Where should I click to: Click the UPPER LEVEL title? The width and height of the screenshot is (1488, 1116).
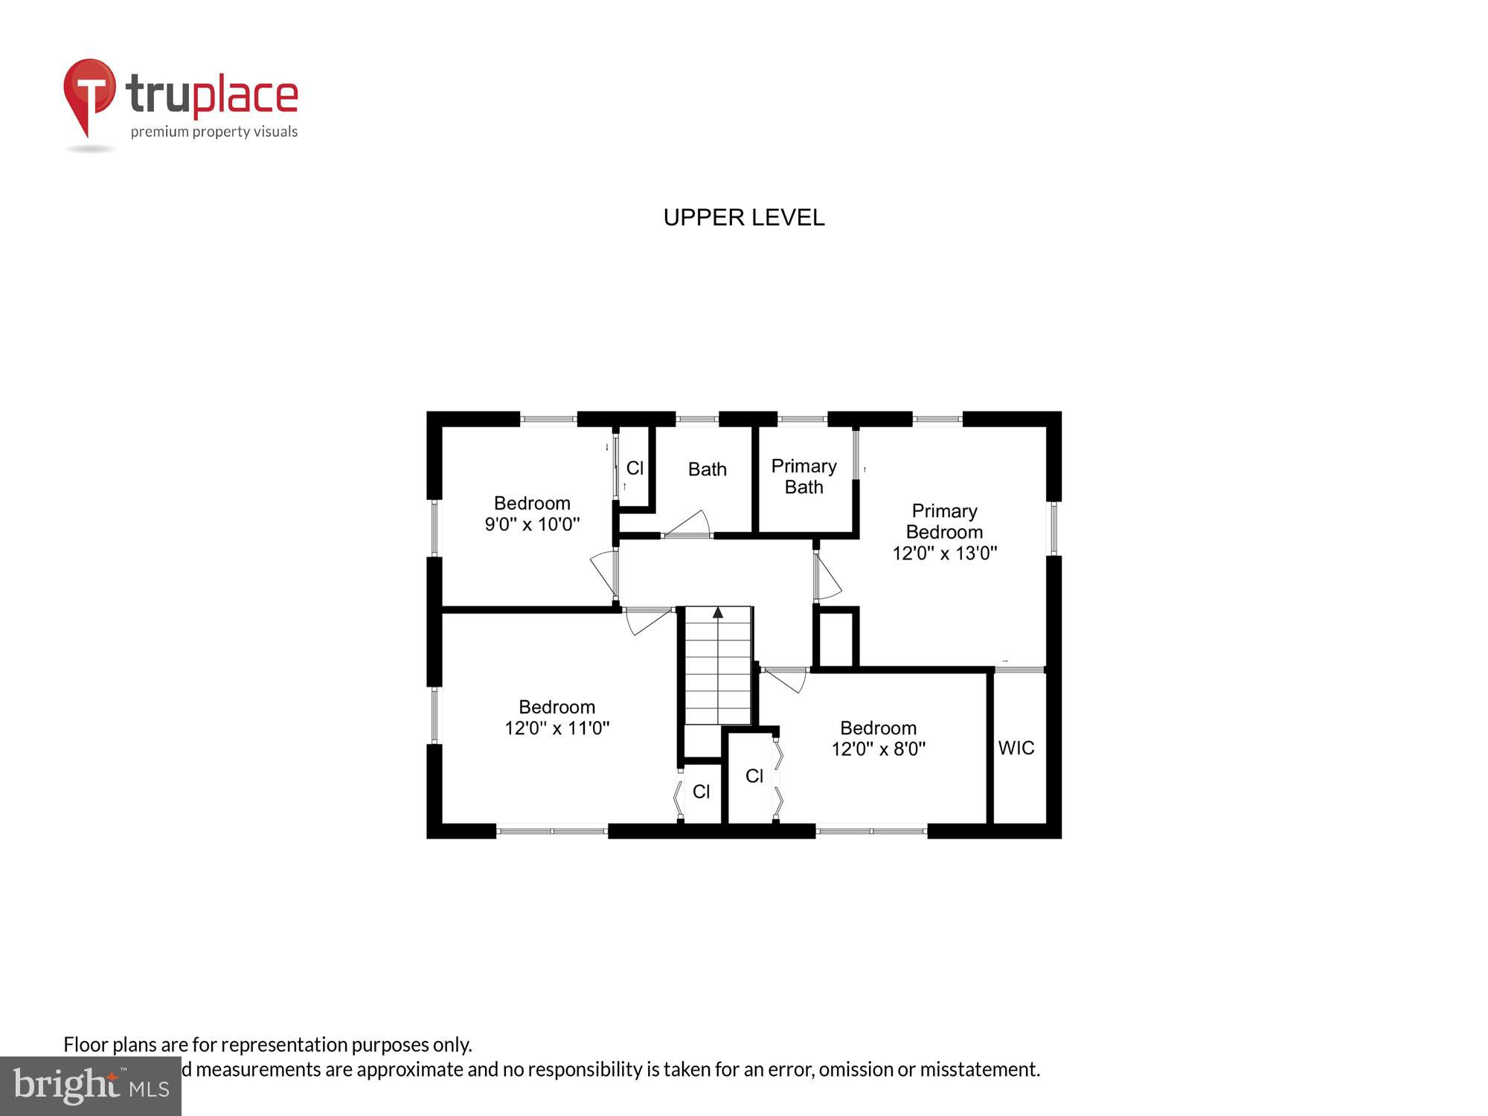pos(743,217)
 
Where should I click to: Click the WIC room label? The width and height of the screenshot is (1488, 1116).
pos(1016,748)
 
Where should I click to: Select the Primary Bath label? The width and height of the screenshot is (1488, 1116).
pos(804,476)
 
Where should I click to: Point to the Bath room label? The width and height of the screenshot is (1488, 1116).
pos(707,469)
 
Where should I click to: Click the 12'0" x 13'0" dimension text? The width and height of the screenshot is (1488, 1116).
pos(944,553)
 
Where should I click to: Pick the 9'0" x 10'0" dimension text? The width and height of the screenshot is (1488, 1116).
pos(532,524)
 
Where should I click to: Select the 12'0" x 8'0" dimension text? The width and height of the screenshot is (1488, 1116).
pos(878,748)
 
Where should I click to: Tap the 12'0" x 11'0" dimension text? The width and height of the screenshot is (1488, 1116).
pos(557,728)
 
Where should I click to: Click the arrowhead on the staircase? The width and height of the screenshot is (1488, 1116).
pos(718,613)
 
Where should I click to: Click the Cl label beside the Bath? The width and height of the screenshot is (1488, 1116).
pos(635,468)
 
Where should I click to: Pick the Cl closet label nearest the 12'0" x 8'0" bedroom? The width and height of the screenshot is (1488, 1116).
pos(754,776)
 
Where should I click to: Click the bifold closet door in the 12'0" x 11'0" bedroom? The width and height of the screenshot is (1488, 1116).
pos(678,795)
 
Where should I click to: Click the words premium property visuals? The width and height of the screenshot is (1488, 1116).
pos(214,132)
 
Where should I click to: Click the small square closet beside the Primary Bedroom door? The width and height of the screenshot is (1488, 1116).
pos(836,638)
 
